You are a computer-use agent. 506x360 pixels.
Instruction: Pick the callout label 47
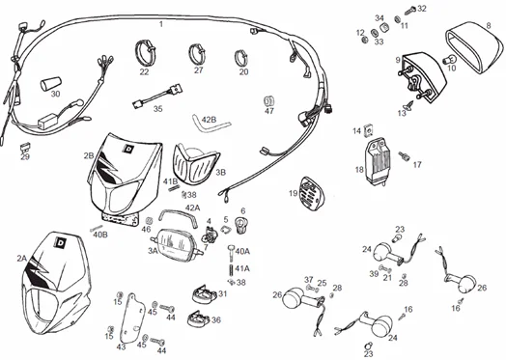tap(269, 111)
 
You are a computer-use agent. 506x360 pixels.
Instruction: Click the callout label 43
tap(121, 346)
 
